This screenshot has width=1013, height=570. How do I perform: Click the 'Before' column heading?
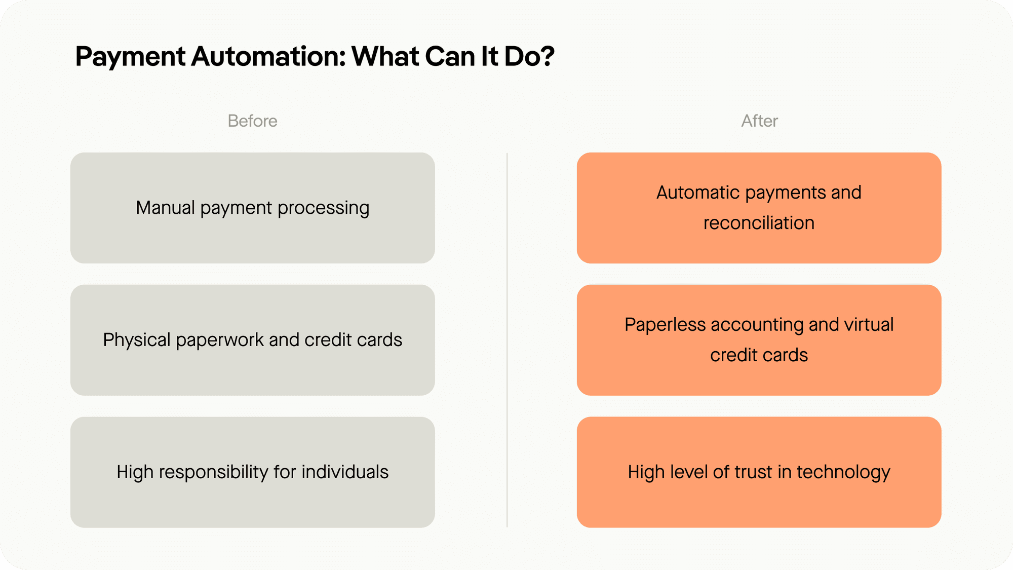point(252,121)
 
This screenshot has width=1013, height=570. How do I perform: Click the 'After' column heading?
point(759,121)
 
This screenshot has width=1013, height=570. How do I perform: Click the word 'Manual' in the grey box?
point(165,208)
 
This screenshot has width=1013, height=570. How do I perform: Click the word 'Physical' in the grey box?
point(136,340)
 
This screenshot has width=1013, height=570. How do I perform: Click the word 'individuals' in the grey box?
point(345,472)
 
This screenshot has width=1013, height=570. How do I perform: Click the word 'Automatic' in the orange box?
point(698,193)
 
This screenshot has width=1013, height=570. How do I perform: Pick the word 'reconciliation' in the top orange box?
point(759,223)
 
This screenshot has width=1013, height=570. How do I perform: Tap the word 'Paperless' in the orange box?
point(665,325)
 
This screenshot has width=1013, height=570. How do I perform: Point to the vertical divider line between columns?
point(507,339)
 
